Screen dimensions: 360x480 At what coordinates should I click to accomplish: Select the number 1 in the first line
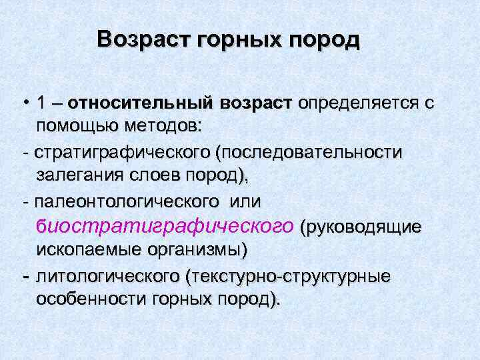point(42,104)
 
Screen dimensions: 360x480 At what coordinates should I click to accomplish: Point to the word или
point(245,202)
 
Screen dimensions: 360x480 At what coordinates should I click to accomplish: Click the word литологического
point(108,276)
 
